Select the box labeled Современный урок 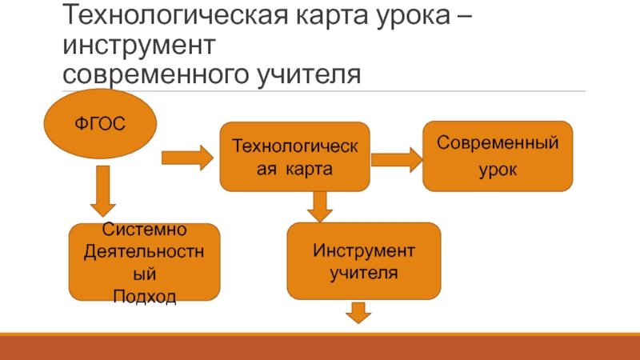click(x=498, y=156)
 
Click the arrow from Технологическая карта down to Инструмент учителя click(x=320, y=206)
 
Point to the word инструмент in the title click(x=140, y=46)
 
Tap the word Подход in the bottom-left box click(x=145, y=298)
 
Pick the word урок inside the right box click(x=498, y=170)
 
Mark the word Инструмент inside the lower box click(x=364, y=252)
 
